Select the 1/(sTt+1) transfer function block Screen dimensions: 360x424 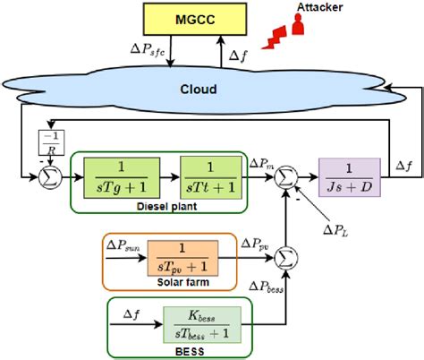pyautogui.click(x=208, y=170)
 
